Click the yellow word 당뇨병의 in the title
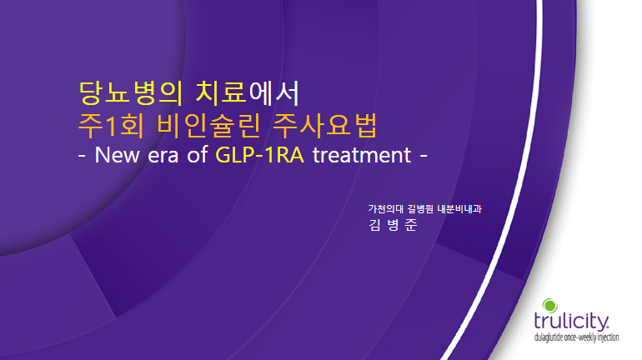click(131, 92)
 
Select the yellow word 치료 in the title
click(221, 92)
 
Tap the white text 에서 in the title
click(274, 92)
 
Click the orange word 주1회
click(111, 126)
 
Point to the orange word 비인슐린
click(208, 126)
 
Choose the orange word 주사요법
click(324, 126)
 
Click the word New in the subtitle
click(117, 155)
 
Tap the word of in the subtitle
click(198, 155)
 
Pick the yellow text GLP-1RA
click(260, 155)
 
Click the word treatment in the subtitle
click(362, 156)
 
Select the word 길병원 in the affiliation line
click(420, 209)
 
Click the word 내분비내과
click(459, 209)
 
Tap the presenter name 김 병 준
click(393, 225)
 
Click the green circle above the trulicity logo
click(550, 306)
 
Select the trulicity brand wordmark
click(572, 321)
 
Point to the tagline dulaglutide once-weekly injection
click(576, 337)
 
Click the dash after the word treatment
click(424, 156)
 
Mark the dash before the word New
click(82, 156)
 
